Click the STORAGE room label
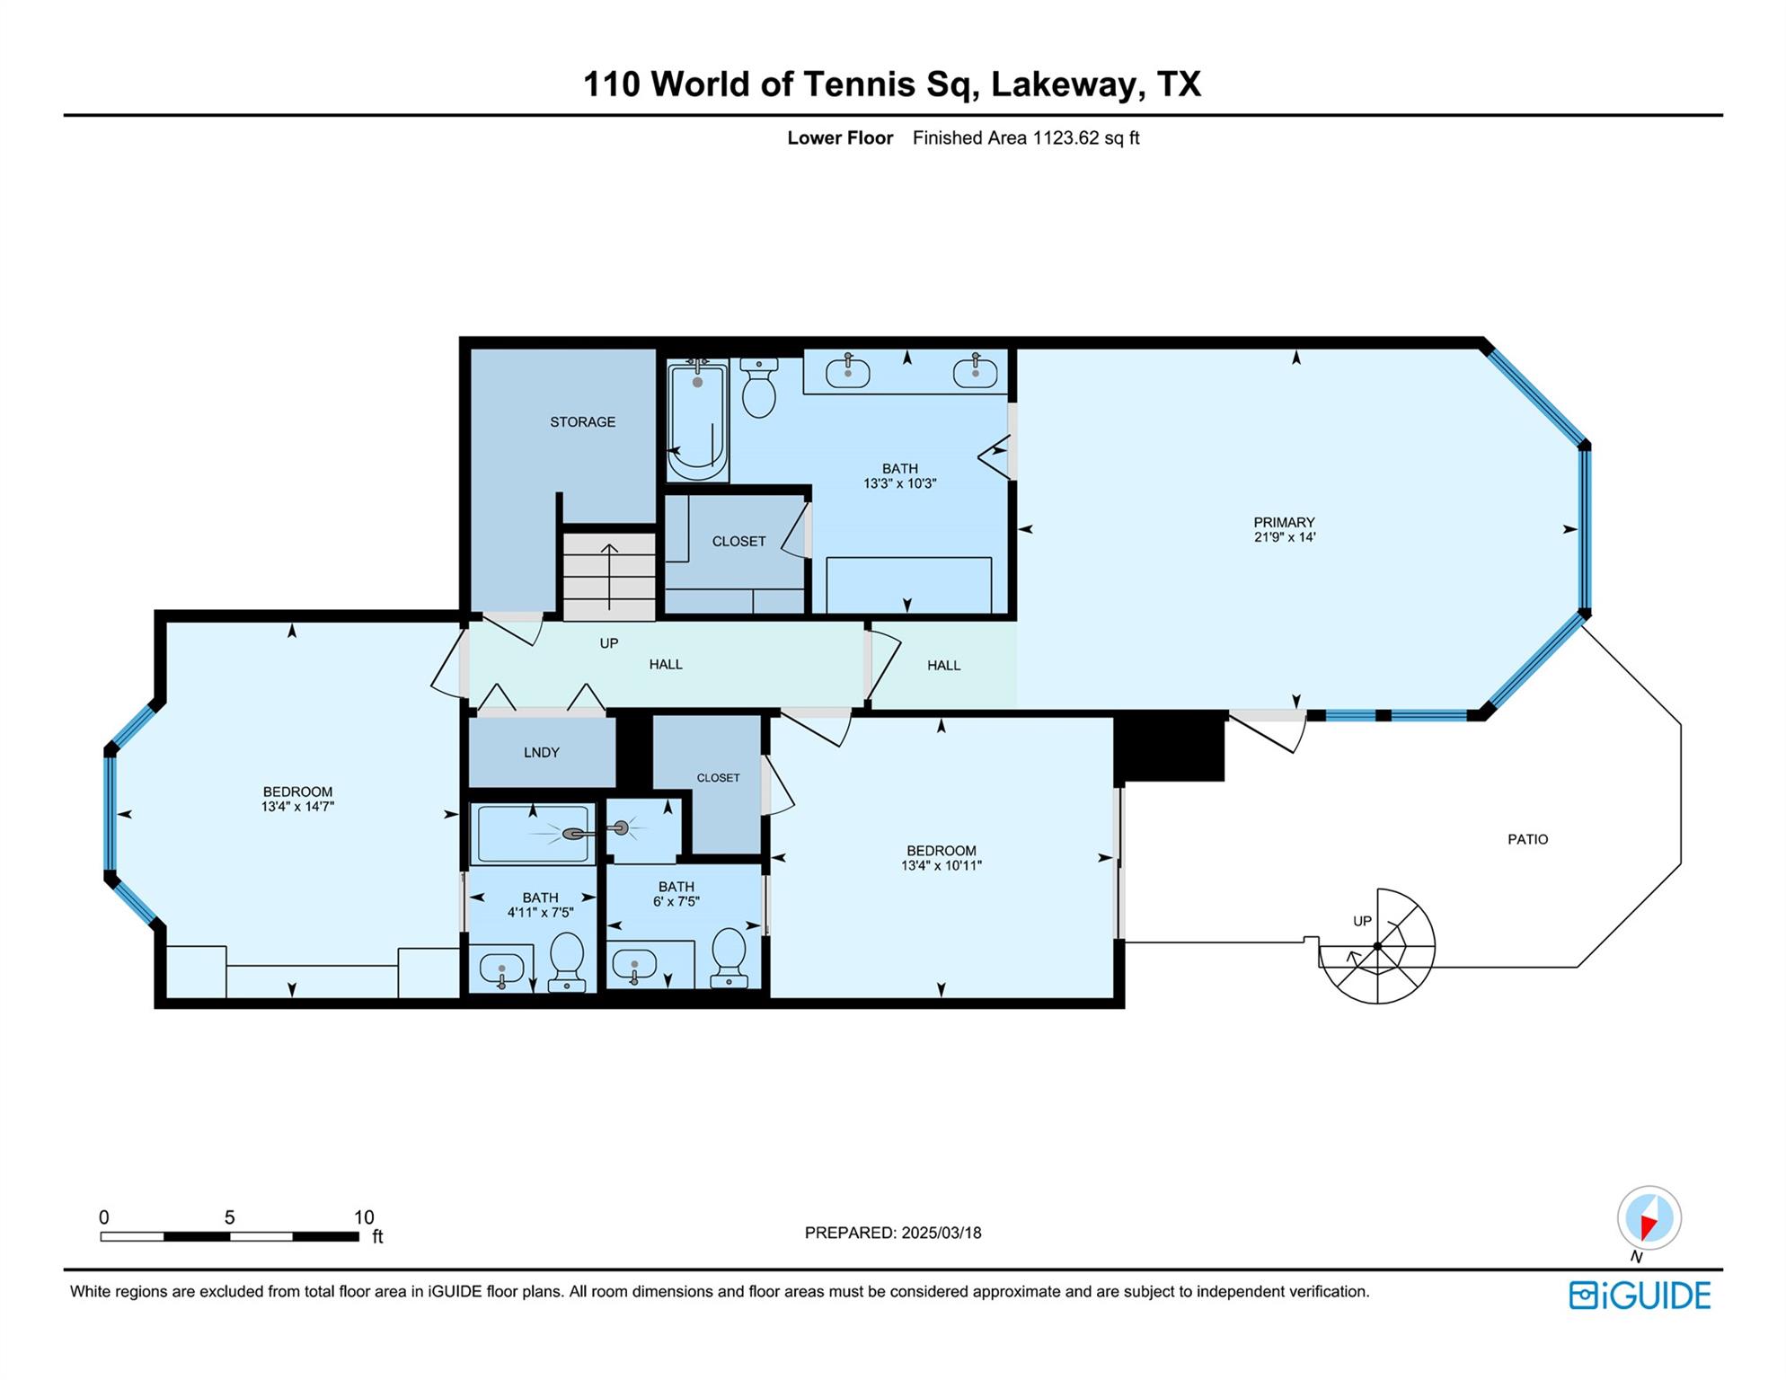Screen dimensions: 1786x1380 click(x=582, y=422)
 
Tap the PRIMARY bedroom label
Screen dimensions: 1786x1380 click(x=1284, y=522)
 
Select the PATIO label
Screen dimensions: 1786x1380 click(x=1527, y=839)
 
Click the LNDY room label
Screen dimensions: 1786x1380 click(x=542, y=753)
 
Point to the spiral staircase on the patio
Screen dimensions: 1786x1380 click(x=1377, y=946)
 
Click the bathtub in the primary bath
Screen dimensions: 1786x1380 click(x=697, y=420)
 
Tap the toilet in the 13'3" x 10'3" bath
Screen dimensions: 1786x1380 click(x=760, y=388)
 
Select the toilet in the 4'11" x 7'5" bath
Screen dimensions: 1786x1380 click(x=566, y=961)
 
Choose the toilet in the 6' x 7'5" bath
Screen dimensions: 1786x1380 click(x=729, y=958)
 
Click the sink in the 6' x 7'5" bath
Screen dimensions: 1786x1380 click(x=634, y=967)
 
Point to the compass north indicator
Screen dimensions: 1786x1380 click(x=1649, y=1219)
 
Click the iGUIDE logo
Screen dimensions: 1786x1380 click(x=1640, y=1296)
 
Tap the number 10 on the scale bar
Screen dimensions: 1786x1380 click(x=363, y=1217)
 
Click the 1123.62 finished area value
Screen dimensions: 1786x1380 click(x=1066, y=137)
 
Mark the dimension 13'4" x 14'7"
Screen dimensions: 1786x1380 click(x=297, y=807)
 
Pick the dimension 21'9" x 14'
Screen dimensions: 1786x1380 click(x=1285, y=537)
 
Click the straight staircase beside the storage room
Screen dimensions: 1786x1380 click(x=609, y=576)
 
